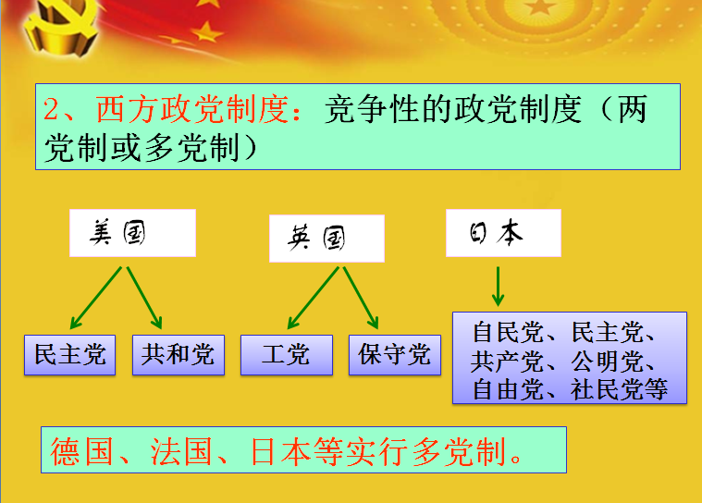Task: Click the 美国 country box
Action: (x=132, y=233)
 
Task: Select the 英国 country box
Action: (x=326, y=239)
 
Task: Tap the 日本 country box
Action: (x=503, y=233)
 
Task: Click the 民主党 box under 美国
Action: (x=70, y=354)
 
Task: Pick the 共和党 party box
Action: (x=178, y=354)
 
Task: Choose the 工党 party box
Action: (x=286, y=354)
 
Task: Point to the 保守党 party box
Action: (x=395, y=354)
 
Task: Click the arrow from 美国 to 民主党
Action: (x=97, y=298)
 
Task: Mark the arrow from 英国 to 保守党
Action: (x=361, y=298)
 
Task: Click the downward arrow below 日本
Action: (x=498, y=286)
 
